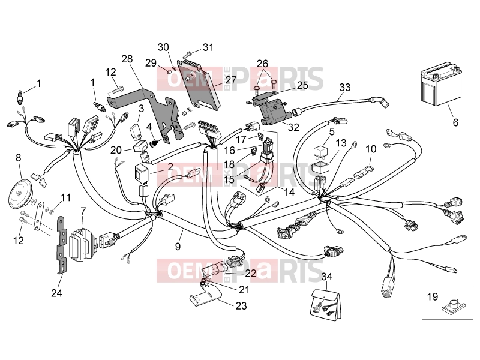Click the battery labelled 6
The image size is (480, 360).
pyautogui.click(x=441, y=83)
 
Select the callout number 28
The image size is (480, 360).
pyautogui.click(x=127, y=58)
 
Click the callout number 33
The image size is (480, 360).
pyautogui.click(x=345, y=87)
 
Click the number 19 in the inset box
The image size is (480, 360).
pyautogui.click(x=433, y=296)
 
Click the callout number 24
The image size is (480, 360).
pyautogui.click(x=56, y=293)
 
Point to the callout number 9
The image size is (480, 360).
pyautogui.click(x=178, y=247)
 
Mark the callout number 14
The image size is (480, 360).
pyautogui.click(x=289, y=192)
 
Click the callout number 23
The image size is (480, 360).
pyautogui.click(x=241, y=305)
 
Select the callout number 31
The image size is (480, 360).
pyautogui.click(x=208, y=47)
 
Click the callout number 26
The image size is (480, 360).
pyautogui.click(x=262, y=64)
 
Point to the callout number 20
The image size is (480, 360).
pyautogui.click(x=116, y=150)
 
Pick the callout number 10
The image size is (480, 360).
pyautogui.click(x=371, y=149)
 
